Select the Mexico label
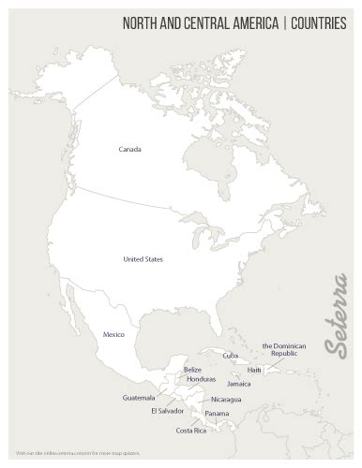pos(113,333)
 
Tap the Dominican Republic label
pos(284,350)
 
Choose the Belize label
pos(191,370)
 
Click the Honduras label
pos(201,379)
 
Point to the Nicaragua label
pos(225,400)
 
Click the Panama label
pos(217,414)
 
